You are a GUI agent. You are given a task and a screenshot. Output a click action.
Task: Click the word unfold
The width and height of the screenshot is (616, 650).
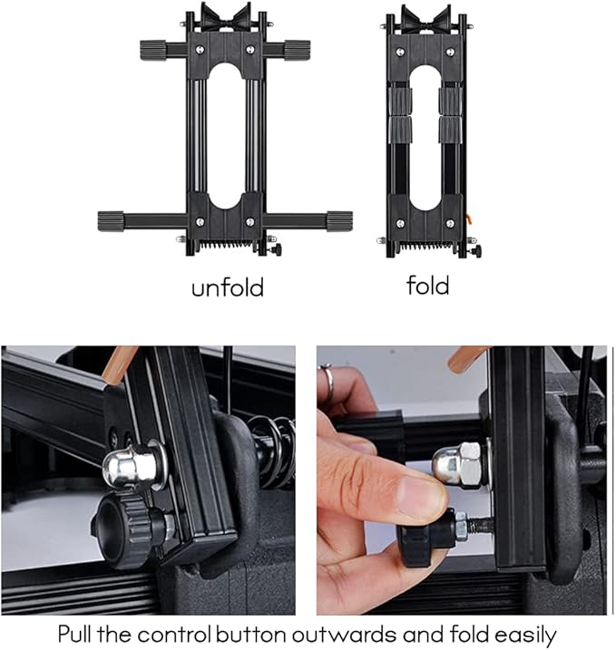(227, 288)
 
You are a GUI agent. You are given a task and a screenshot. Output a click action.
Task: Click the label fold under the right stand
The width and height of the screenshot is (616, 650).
(427, 286)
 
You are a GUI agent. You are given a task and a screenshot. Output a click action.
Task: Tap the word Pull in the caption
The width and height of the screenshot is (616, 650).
(83, 633)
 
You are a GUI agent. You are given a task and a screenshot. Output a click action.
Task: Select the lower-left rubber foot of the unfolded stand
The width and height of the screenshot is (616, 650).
(112, 220)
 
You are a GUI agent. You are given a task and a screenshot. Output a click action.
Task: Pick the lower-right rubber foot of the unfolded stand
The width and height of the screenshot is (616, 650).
(338, 219)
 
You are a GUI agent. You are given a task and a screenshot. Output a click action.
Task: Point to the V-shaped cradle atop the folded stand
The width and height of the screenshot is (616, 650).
(426, 18)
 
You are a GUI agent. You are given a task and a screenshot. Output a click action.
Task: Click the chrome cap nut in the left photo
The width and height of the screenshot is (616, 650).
(123, 468)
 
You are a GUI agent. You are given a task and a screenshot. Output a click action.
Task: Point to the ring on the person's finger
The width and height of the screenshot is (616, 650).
(327, 373)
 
